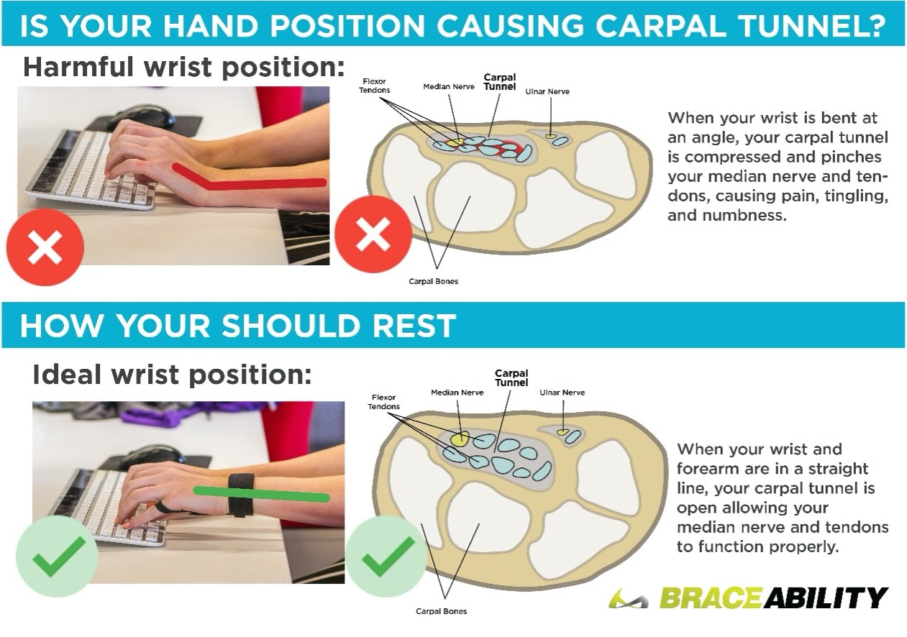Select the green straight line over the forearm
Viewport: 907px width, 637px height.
(262, 494)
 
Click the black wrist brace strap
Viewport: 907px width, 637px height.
(240, 495)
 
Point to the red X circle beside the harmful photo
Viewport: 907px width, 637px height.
(45, 247)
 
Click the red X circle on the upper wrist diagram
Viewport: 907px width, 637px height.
(373, 234)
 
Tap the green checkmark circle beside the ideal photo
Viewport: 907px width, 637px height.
(57, 556)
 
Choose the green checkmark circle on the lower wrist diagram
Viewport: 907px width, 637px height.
(386, 556)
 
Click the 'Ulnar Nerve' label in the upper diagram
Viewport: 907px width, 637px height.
(547, 92)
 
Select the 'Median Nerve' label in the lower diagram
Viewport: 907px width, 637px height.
(457, 393)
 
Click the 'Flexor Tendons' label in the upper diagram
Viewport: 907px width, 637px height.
(374, 86)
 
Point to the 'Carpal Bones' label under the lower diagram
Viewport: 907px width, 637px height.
(441, 612)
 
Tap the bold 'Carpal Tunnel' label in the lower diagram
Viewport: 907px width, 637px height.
(511, 377)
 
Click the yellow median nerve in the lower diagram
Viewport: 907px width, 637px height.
(460, 439)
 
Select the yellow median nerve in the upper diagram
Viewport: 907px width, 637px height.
(455, 142)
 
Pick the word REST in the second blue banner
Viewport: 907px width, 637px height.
(414, 326)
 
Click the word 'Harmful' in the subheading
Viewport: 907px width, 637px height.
(78, 66)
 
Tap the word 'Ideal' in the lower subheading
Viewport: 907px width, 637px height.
(66, 375)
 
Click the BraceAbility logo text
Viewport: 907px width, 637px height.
(774, 597)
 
